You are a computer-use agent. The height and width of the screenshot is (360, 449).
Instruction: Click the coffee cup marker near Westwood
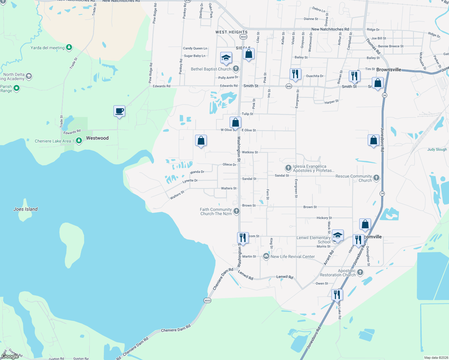click(119, 111)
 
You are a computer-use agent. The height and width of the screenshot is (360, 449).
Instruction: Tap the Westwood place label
click(97, 138)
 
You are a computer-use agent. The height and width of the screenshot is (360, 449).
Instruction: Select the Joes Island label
click(26, 209)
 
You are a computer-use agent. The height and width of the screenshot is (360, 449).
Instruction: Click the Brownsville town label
click(389, 70)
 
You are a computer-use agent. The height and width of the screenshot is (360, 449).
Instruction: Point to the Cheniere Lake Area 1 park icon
click(79, 140)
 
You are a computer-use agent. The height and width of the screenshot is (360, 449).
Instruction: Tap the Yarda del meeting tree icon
click(69, 47)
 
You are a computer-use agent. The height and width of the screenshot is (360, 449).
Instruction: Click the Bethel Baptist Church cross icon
click(236, 69)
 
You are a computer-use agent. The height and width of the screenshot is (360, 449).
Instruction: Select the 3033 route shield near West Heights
click(243, 37)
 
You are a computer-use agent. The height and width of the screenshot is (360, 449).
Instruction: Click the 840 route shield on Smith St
click(289, 86)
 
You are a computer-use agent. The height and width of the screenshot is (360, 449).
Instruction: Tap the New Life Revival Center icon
click(266, 256)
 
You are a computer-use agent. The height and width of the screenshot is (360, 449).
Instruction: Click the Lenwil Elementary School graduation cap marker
click(338, 235)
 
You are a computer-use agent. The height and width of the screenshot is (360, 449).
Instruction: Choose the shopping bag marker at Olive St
click(236, 122)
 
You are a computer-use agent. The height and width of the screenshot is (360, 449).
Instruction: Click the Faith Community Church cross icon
click(237, 211)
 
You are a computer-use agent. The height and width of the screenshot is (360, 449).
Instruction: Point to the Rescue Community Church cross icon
click(376, 178)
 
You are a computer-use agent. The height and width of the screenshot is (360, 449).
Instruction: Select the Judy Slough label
click(437, 149)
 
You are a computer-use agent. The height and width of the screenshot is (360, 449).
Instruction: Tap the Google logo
click(10, 356)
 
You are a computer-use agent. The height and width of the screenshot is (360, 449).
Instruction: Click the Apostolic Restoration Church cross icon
click(360, 272)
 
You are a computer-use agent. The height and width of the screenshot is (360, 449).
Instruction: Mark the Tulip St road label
click(247, 114)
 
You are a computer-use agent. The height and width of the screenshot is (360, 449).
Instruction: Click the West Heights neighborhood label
click(231, 32)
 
